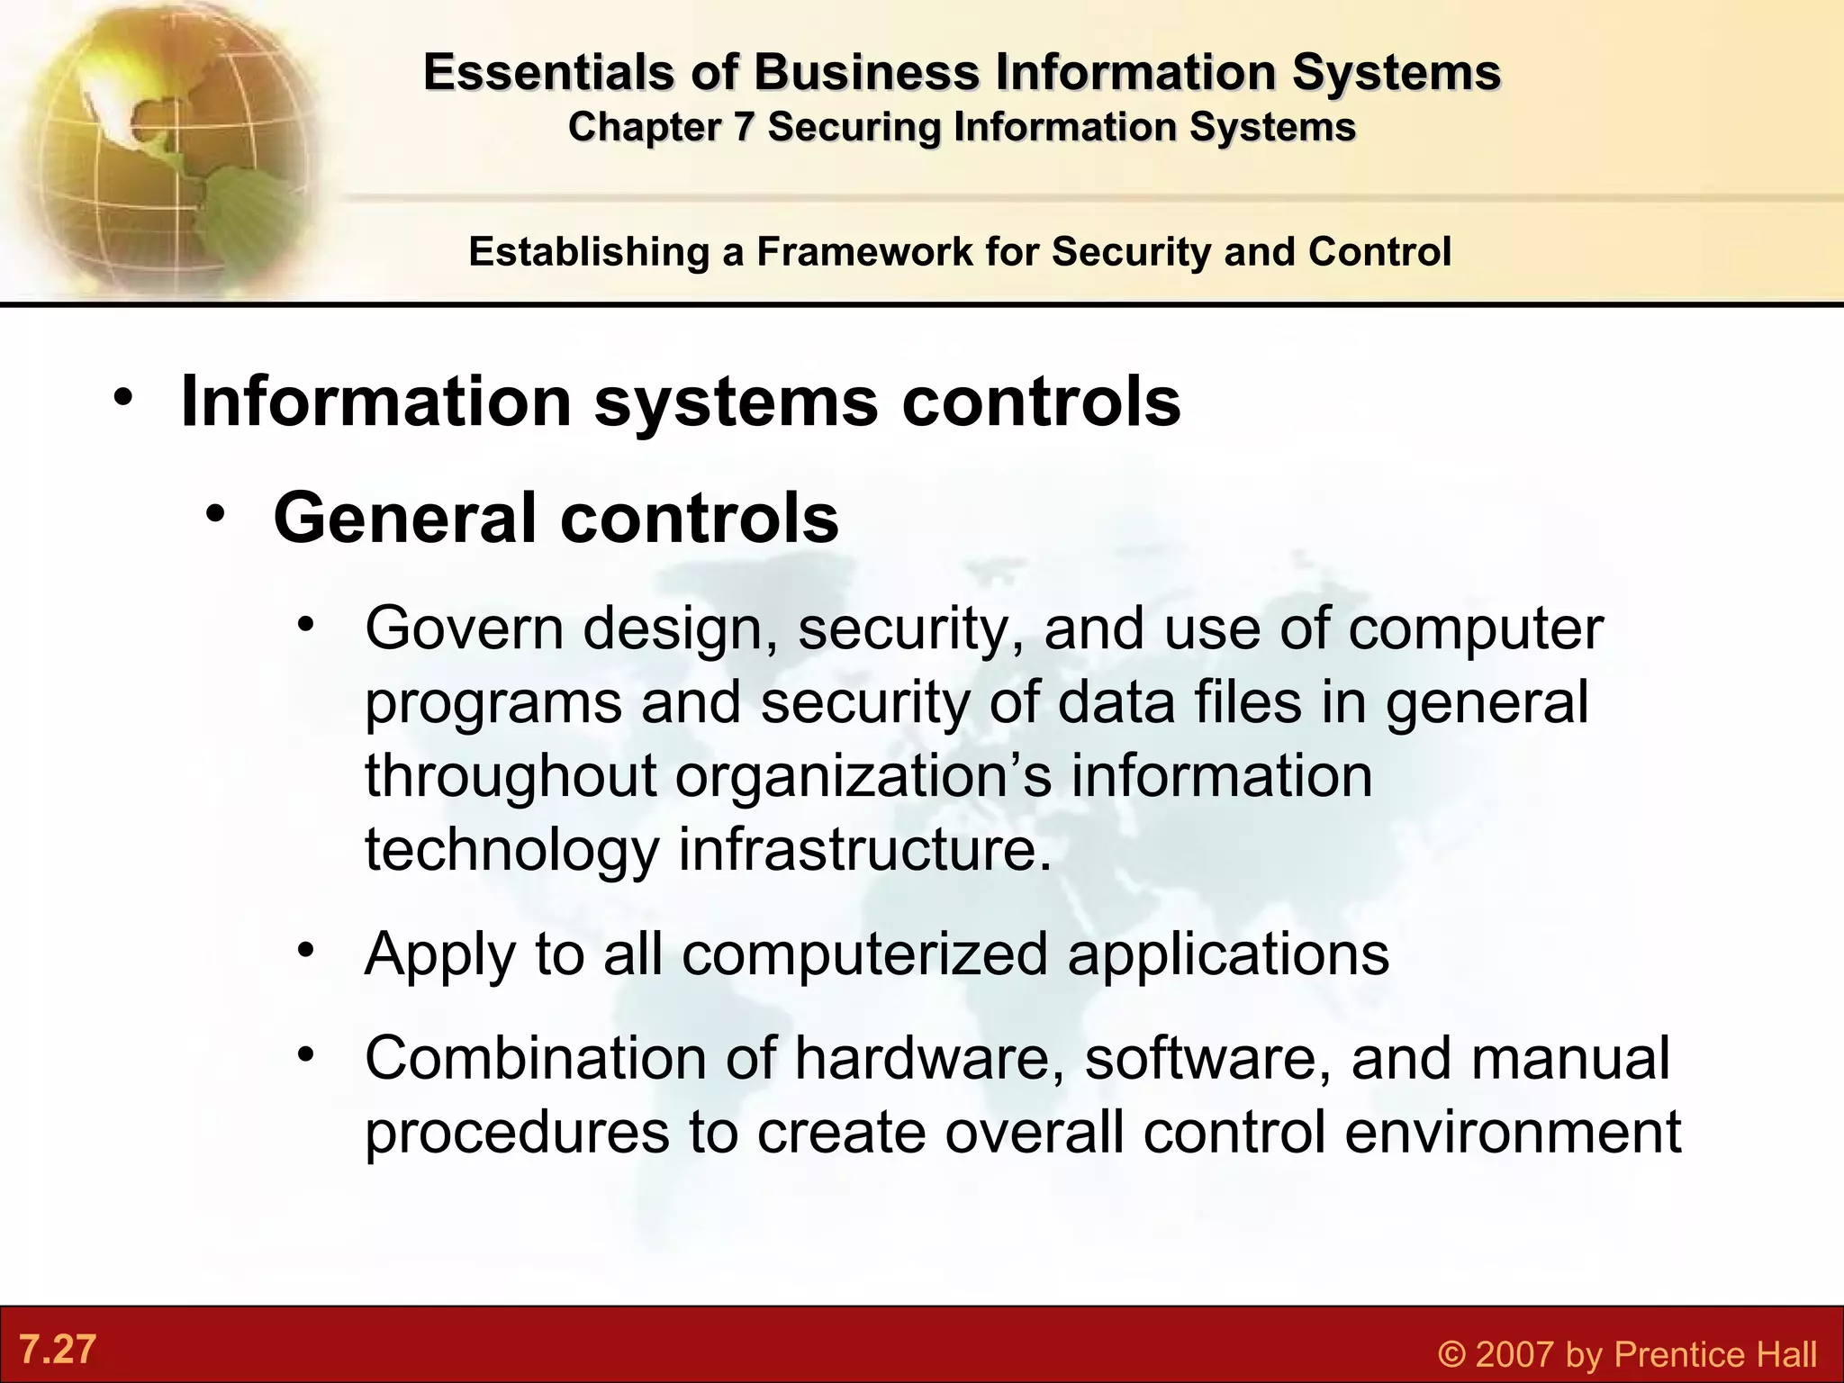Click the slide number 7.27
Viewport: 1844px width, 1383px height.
(x=58, y=1350)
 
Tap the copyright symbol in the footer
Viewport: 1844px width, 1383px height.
(x=1451, y=1354)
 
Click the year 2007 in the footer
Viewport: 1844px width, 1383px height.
(x=1515, y=1354)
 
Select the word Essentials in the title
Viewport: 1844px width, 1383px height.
(x=548, y=72)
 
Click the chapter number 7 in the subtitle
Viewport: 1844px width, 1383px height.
(x=742, y=127)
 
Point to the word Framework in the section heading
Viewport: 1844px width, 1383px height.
(x=865, y=251)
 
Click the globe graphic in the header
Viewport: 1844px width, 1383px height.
(x=162, y=144)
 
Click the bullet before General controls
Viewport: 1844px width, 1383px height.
(x=215, y=514)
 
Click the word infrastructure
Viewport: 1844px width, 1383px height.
(x=864, y=848)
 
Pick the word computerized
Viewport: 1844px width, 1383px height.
(x=864, y=954)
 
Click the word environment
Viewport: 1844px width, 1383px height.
(x=1513, y=1132)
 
